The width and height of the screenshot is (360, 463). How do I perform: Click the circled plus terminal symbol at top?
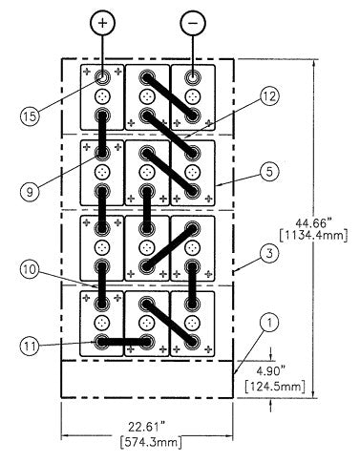click(102, 23)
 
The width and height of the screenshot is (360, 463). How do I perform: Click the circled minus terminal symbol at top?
click(193, 23)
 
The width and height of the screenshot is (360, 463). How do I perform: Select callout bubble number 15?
click(31, 116)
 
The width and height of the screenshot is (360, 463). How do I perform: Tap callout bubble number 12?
click(269, 96)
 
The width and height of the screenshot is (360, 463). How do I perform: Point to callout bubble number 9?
click(30, 192)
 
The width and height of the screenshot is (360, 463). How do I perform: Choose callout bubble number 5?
click(269, 172)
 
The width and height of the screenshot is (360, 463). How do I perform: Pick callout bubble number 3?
click(269, 254)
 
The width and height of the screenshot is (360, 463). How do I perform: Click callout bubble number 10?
click(31, 269)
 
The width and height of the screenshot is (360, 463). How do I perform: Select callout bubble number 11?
click(30, 346)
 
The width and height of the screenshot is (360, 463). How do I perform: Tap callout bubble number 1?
click(269, 323)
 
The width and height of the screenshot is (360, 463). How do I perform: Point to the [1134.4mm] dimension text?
click(313, 237)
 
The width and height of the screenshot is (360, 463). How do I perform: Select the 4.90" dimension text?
click(271, 371)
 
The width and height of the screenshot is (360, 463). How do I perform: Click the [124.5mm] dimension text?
click(276, 387)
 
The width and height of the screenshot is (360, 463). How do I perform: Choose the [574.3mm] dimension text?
click(151, 442)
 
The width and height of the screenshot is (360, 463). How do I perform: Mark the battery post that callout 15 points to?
click(102, 77)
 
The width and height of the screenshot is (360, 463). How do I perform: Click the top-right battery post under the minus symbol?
click(192, 77)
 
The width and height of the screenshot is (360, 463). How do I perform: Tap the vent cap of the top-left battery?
click(102, 95)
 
